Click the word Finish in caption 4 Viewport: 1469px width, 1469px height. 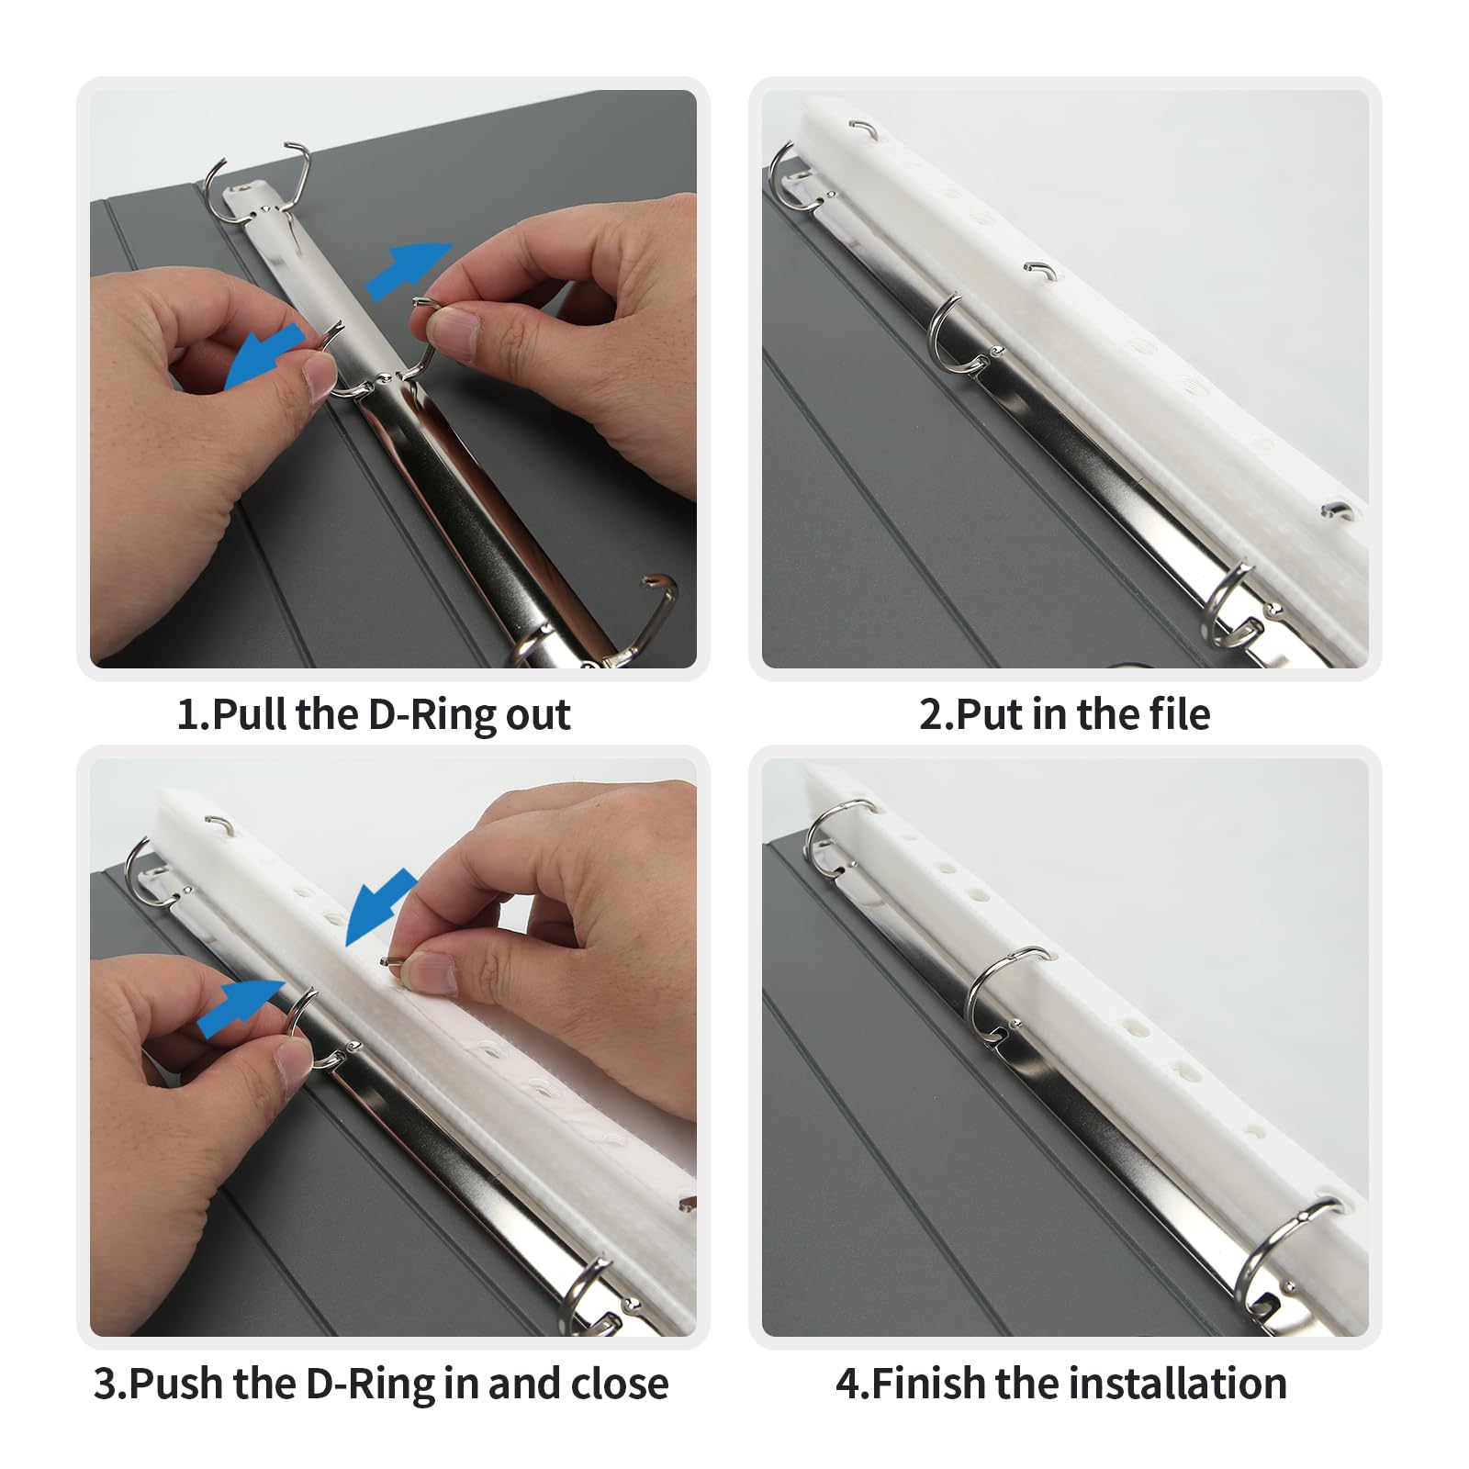pos(927,1384)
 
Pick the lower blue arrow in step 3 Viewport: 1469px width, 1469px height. pos(241,1006)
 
